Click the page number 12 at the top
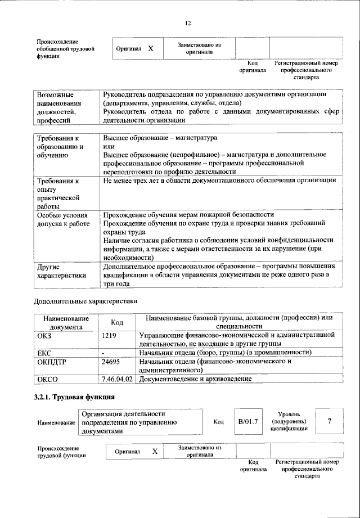point(188,22)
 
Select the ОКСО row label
point(48,380)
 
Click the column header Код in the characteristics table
point(117,322)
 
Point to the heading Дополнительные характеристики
point(85,301)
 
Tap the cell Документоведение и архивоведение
point(195,380)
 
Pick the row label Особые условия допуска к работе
point(63,219)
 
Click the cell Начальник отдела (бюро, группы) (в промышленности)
point(225,353)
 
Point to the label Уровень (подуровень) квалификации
point(289,421)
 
